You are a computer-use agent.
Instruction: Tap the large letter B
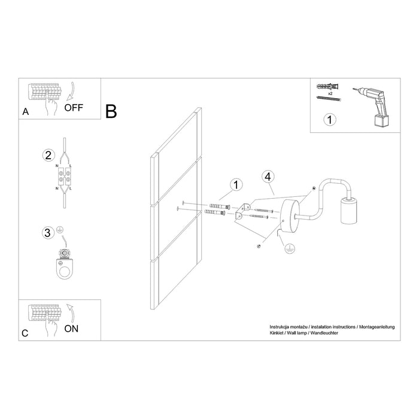pos(111,111)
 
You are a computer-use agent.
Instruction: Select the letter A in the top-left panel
pos(25,111)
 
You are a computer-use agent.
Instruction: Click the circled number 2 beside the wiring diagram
pos(47,155)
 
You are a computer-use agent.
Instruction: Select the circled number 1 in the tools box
pos(328,120)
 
